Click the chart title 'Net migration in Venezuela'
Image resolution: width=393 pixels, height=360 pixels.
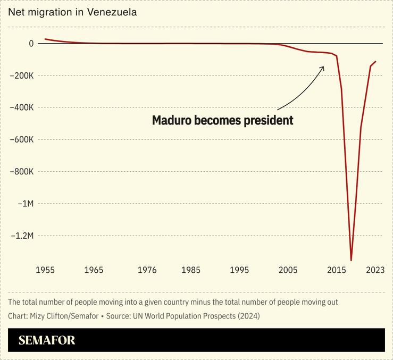coord(72,12)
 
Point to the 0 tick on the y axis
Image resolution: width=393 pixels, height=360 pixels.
coord(31,44)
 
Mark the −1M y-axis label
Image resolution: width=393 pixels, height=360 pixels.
coord(25,204)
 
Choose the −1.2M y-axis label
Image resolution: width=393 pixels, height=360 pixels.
coord(22,236)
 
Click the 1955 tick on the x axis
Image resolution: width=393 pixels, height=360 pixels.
coord(45,270)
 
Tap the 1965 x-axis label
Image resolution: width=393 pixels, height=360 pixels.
coord(94,270)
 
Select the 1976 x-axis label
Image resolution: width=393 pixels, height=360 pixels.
coord(147,270)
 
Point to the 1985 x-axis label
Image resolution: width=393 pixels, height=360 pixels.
coord(191,270)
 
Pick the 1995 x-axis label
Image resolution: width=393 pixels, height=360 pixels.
coord(239,270)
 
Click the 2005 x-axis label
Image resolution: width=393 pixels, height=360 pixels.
coord(288,270)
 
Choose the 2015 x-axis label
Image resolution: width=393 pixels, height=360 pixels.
coord(337,270)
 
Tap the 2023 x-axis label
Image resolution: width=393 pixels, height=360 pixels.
coord(375,270)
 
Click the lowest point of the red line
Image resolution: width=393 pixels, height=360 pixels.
coord(351,260)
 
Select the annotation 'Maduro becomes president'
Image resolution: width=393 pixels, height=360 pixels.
coord(222,121)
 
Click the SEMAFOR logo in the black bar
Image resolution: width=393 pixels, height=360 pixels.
coord(47,340)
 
